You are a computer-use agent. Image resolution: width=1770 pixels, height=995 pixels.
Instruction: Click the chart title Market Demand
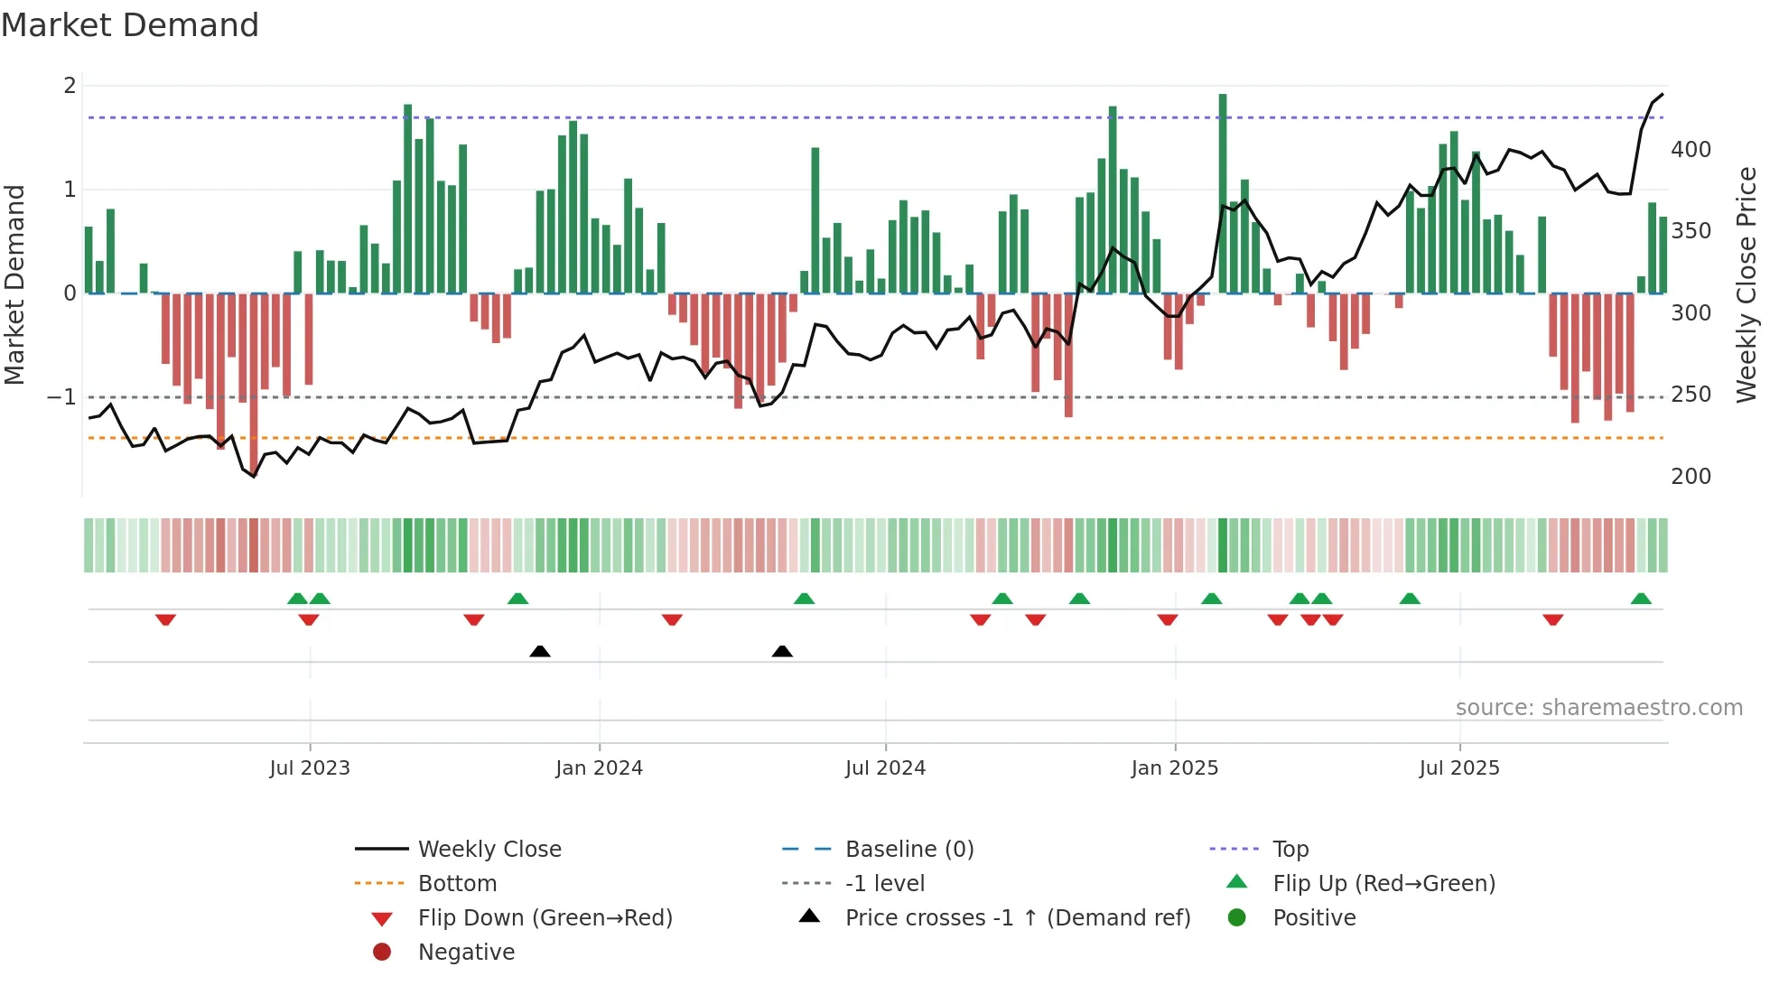130,25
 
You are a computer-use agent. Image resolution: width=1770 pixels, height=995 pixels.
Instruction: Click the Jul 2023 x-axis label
309,768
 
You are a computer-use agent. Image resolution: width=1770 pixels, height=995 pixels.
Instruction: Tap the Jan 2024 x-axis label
599,768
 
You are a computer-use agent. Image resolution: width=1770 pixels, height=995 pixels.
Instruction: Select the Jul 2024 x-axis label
885,768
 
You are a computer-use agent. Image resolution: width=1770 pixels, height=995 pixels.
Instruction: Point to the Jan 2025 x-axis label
1174,768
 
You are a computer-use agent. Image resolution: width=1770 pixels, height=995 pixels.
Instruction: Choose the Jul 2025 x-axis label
1458,768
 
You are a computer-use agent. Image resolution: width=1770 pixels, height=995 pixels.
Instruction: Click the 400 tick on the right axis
1691,150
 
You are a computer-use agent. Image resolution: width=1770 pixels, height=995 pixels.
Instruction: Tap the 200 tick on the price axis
1691,477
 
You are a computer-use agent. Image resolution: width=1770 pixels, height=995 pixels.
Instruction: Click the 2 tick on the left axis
70,86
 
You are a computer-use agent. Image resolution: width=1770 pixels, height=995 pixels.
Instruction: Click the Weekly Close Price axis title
1747,284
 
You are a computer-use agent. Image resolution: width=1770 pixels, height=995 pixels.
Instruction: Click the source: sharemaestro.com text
1598,708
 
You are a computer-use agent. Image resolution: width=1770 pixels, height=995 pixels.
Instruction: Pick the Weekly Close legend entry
489,850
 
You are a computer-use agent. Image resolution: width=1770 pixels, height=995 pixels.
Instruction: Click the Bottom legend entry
457,884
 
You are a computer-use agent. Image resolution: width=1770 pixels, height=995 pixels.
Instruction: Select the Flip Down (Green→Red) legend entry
545,918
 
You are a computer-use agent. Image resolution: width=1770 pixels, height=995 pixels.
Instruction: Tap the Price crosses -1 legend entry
1017,918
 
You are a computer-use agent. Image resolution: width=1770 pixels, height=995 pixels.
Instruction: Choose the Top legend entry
1290,850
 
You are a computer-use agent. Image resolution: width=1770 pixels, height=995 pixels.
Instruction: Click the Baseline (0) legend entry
908,850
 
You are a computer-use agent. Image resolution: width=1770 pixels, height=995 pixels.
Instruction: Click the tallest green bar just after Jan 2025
1223,193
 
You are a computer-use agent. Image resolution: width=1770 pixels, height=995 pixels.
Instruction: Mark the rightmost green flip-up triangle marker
1641,599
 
